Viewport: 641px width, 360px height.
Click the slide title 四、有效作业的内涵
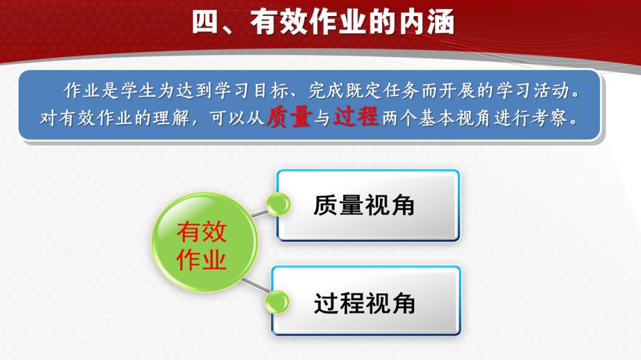pyautogui.click(x=323, y=22)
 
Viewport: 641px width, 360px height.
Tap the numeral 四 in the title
pyautogui.click(x=205, y=22)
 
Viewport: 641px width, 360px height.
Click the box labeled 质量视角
pyautogui.click(x=368, y=205)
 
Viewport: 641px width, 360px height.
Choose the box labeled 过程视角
pyautogui.click(x=366, y=301)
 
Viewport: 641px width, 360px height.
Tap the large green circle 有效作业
pyautogui.click(x=205, y=242)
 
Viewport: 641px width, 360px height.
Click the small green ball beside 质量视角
pyautogui.click(x=278, y=204)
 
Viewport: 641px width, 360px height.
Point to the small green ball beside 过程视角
pyautogui.click(x=277, y=302)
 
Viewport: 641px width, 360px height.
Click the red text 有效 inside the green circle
pyautogui.click(x=201, y=231)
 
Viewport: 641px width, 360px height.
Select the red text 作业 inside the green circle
pyautogui.click(x=201, y=259)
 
